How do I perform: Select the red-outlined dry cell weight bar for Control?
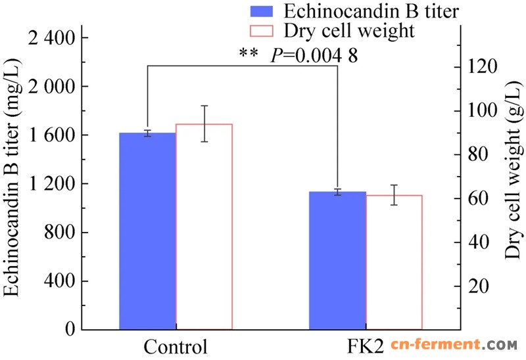click(204, 227)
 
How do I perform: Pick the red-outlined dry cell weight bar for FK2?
click(394, 262)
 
